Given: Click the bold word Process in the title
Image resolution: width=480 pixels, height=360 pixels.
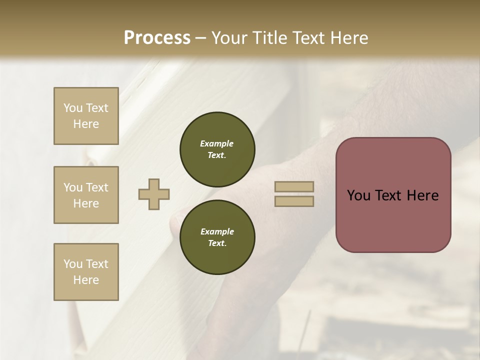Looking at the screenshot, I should coord(157,38).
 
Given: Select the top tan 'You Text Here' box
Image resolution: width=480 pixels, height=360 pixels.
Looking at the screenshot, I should coord(86,116).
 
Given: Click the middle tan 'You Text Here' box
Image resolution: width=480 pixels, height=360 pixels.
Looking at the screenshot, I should coord(86,195).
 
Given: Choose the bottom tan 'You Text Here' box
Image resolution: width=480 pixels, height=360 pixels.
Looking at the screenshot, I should coord(86,272).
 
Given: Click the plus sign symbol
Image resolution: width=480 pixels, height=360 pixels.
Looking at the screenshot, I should coord(154,194).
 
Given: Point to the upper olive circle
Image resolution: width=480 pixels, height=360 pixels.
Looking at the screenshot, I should coord(217,149).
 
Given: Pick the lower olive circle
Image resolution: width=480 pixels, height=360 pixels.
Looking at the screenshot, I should coord(217,237).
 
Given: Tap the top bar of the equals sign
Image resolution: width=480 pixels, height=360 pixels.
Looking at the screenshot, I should coord(294,186).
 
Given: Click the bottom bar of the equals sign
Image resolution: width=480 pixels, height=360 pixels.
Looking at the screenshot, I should coord(294,201).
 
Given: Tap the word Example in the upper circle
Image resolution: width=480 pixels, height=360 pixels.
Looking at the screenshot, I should coord(217,143).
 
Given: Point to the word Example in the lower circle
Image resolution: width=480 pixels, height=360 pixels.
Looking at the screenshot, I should coord(217,231).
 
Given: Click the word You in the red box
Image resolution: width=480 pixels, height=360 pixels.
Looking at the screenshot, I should coord(358,195).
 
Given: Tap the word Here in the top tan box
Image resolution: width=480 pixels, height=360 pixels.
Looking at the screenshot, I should coord(86,124).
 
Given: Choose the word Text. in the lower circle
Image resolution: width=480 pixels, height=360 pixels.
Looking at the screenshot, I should coord(217,243).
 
